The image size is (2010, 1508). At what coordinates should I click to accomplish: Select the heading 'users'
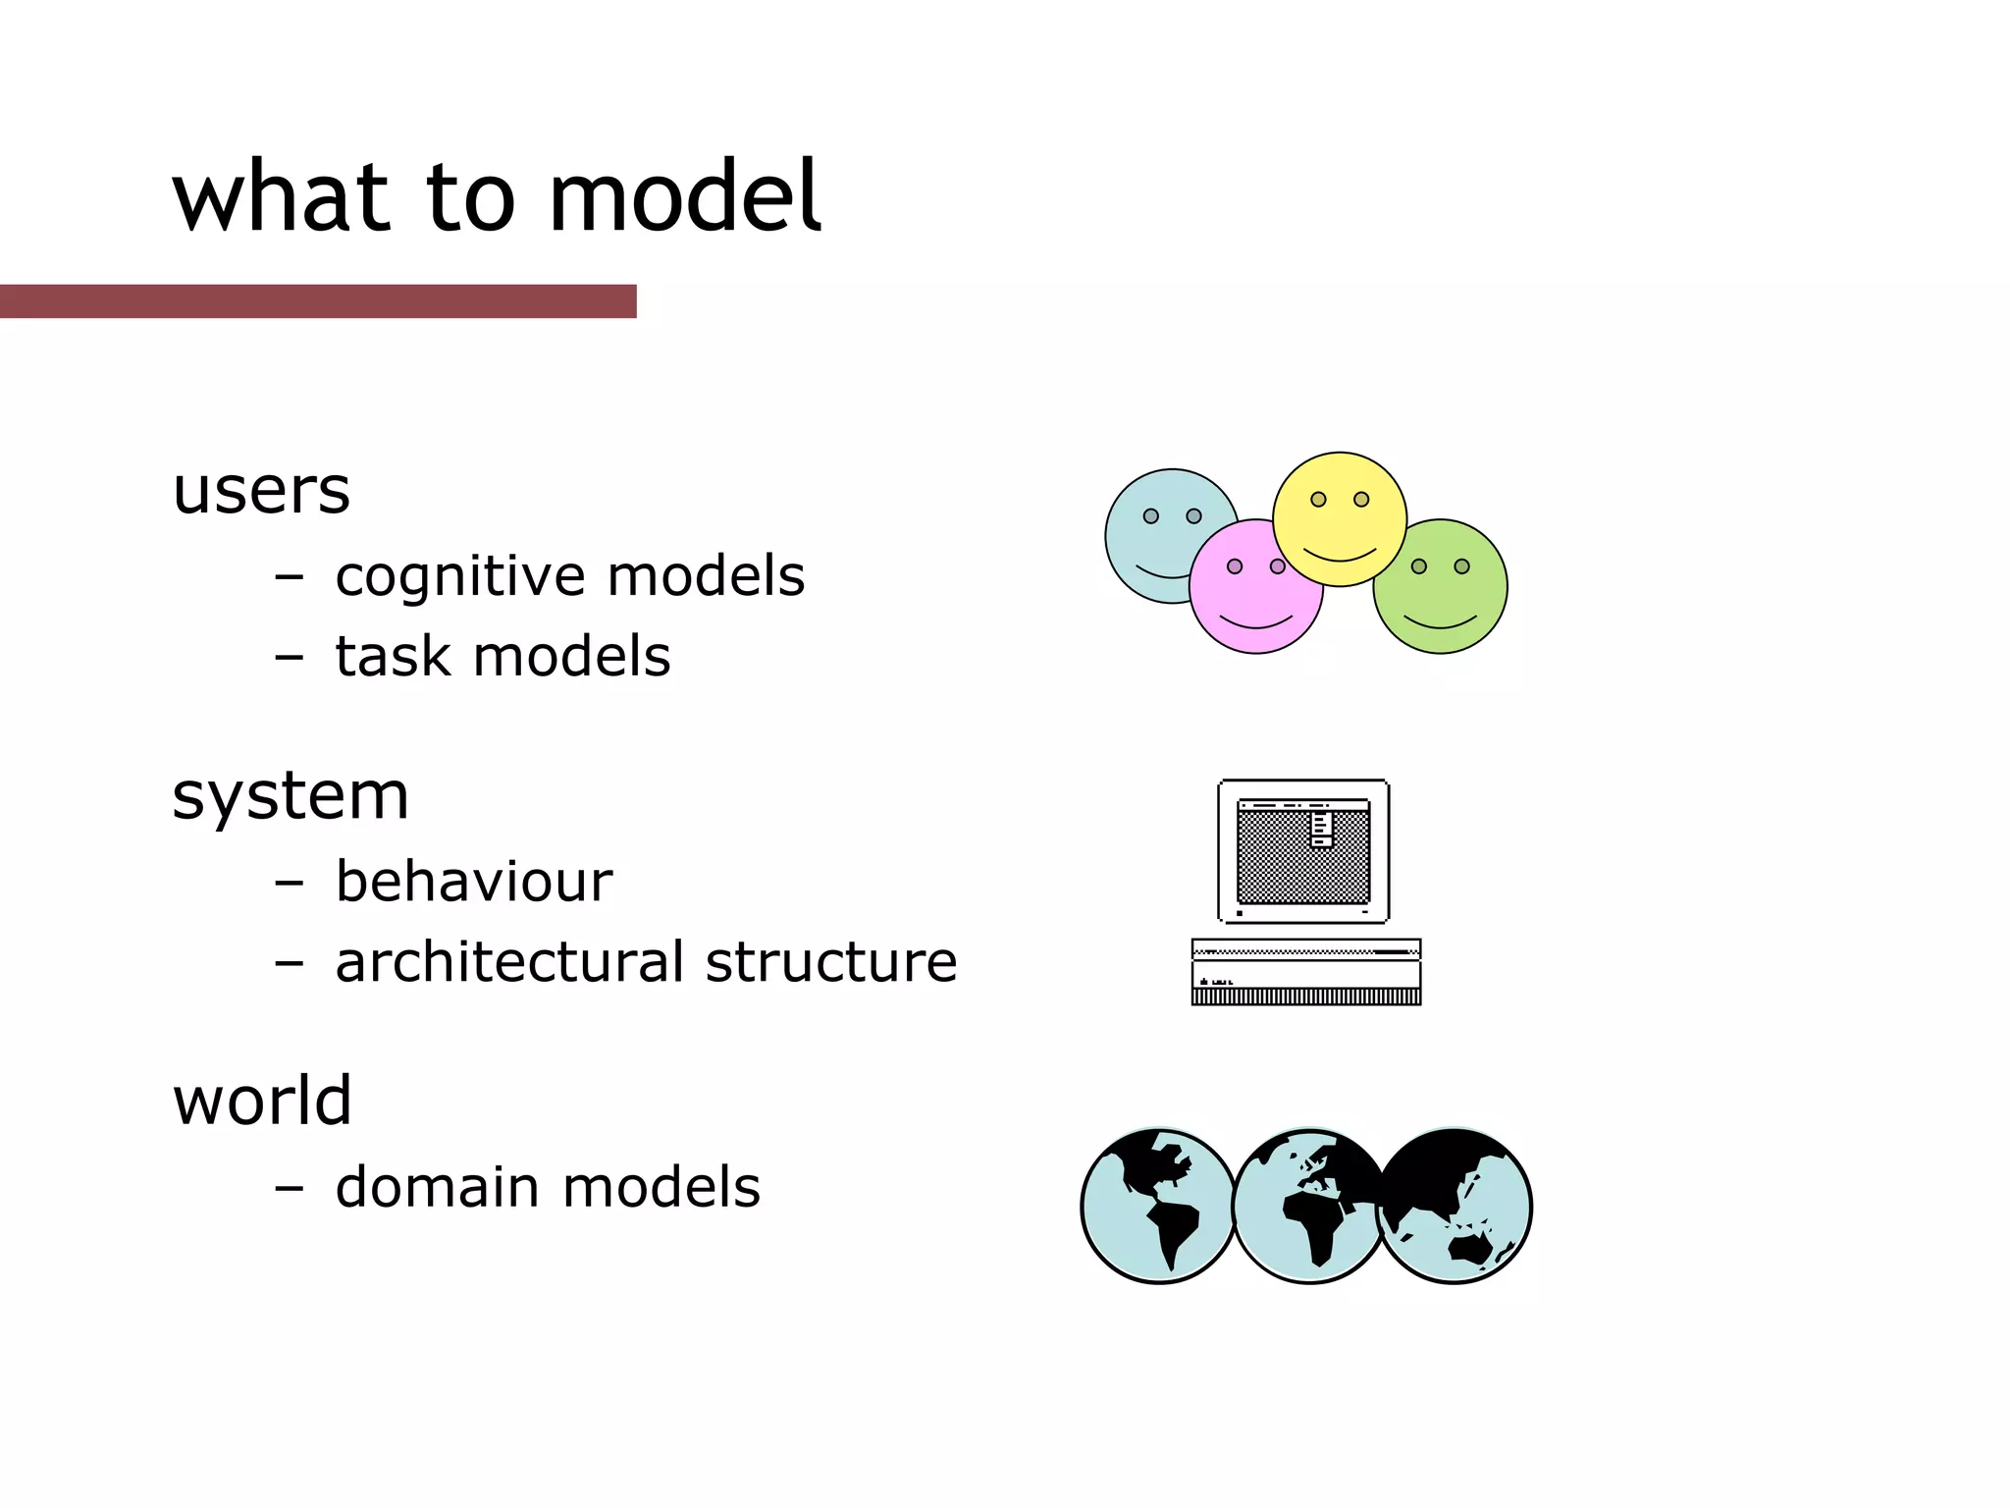[261, 490]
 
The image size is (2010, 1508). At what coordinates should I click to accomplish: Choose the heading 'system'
[291, 795]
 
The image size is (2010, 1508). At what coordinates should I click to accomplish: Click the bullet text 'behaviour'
[474, 881]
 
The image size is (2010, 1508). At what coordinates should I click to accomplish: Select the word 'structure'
[831, 961]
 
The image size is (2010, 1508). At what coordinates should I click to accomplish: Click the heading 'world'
[262, 1100]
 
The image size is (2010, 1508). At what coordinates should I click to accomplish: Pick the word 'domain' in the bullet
[438, 1187]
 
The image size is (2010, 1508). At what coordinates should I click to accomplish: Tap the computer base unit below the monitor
[1305, 972]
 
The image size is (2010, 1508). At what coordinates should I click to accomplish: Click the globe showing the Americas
[1158, 1206]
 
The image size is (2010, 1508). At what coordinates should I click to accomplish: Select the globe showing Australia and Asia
[1455, 1206]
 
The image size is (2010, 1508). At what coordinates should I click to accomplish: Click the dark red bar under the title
[318, 301]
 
